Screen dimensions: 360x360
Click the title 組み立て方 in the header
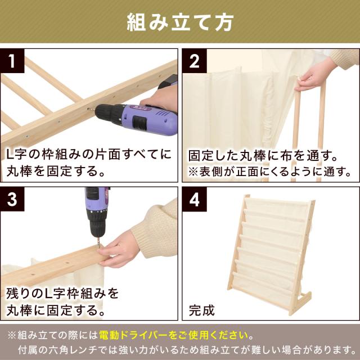tap(180, 22)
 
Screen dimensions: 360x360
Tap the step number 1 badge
tap(12, 61)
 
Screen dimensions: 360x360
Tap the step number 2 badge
tap(195, 61)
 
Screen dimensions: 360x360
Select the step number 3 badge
tap(12, 199)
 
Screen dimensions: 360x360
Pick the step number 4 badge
tap(195, 199)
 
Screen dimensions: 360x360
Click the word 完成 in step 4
tap(202, 310)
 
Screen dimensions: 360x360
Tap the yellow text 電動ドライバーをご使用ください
tap(174, 335)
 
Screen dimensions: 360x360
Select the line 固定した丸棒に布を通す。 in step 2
tap(263, 156)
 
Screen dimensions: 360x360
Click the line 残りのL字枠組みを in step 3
tap(62, 294)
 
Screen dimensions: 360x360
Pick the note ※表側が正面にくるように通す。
tap(270, 172)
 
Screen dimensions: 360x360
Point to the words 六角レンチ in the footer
tap(74, 350)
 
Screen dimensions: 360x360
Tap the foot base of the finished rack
tap(300, 303)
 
